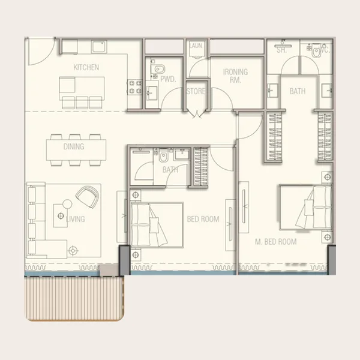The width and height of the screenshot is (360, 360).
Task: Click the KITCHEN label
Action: tap(86, 67)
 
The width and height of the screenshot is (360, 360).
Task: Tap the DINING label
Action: tap(74, 146)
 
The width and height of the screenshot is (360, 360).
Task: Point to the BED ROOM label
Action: tap(202, 219)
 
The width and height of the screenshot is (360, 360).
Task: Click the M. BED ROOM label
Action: tap(276, 242)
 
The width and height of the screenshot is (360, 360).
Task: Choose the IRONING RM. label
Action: tap(235, 76)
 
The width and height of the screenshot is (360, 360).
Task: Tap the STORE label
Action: tap(196, 91)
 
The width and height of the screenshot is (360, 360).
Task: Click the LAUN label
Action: tap(196, 46)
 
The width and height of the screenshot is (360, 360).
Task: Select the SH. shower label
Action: tap(281, 50)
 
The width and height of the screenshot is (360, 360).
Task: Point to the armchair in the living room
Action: tap(88, 195)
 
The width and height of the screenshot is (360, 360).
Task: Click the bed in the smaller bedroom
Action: tap(156, 224)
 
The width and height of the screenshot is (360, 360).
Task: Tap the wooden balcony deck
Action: tap(73, 297)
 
